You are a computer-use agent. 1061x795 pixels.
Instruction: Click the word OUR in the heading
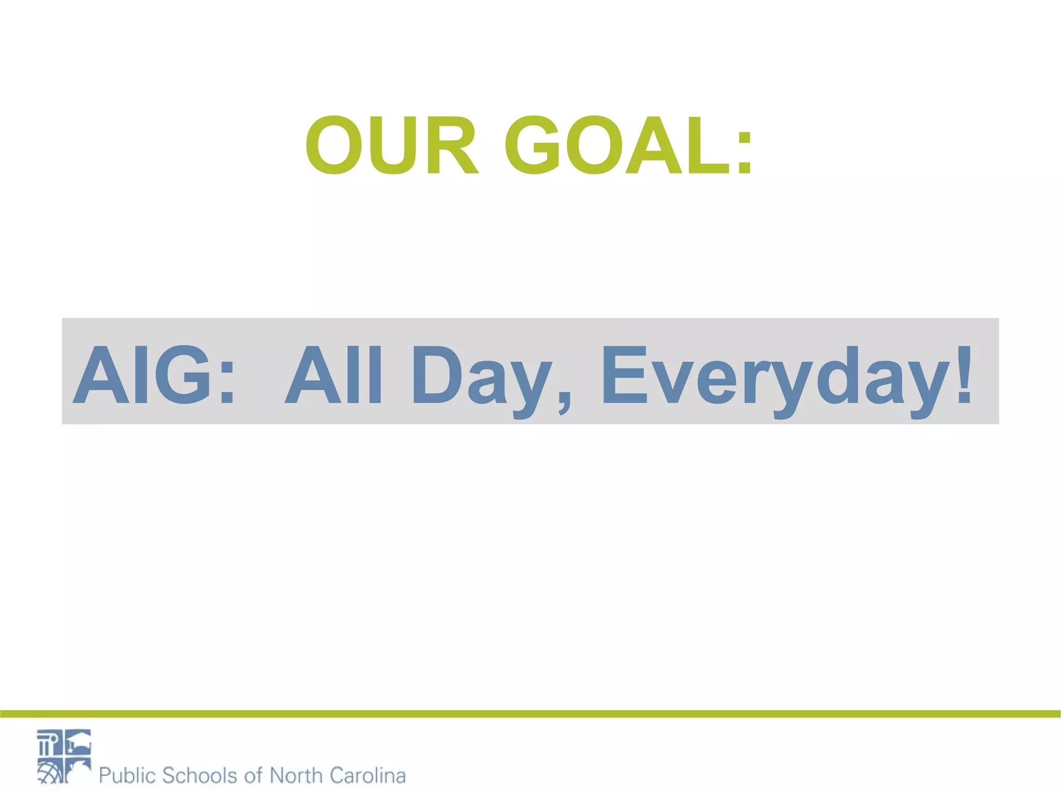(x=391, y=145)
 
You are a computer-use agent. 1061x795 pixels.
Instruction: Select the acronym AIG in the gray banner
(x=142, y=375)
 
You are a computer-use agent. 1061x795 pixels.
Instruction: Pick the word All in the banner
(x=334, y=375)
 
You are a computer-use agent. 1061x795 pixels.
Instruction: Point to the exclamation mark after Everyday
(x=964, y=375)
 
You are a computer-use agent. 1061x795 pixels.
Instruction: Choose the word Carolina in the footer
(x=367, y=775)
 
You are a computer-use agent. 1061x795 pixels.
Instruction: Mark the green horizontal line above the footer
(x=530, y=714)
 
